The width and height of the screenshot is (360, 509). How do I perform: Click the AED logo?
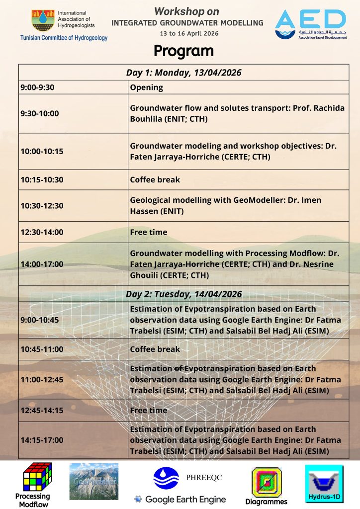click(x=310, y=23)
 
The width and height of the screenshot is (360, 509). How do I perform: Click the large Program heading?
click(x=183, y=51)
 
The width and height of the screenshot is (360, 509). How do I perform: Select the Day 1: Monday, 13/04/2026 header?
click(x=183, y=73)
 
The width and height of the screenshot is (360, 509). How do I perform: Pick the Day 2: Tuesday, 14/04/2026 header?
click(x=183, y=294)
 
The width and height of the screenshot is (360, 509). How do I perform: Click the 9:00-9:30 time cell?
click(x=37, y=87)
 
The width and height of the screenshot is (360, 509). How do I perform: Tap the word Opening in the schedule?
click(x=146, y=87)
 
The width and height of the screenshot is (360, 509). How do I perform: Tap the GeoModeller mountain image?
click(x=94, y=481)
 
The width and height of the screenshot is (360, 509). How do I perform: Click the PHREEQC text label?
click(x=204, y=478)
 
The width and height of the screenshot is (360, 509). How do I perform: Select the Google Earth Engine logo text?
click(x=180, y=499)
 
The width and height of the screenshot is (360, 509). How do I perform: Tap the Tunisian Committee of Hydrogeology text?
click(x=64, y=38)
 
